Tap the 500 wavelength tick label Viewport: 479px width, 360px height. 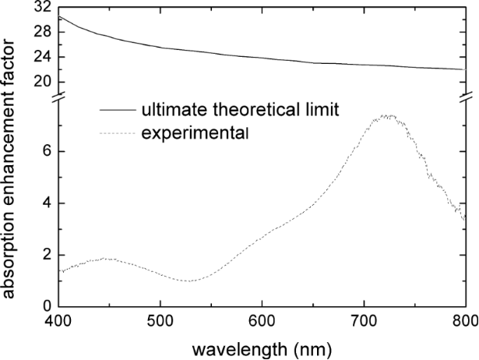(160, 323)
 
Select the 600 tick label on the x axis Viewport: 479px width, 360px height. (262, 323)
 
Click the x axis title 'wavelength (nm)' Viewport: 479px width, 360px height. (262, 346)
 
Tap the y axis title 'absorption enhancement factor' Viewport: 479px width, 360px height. (12, 156)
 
